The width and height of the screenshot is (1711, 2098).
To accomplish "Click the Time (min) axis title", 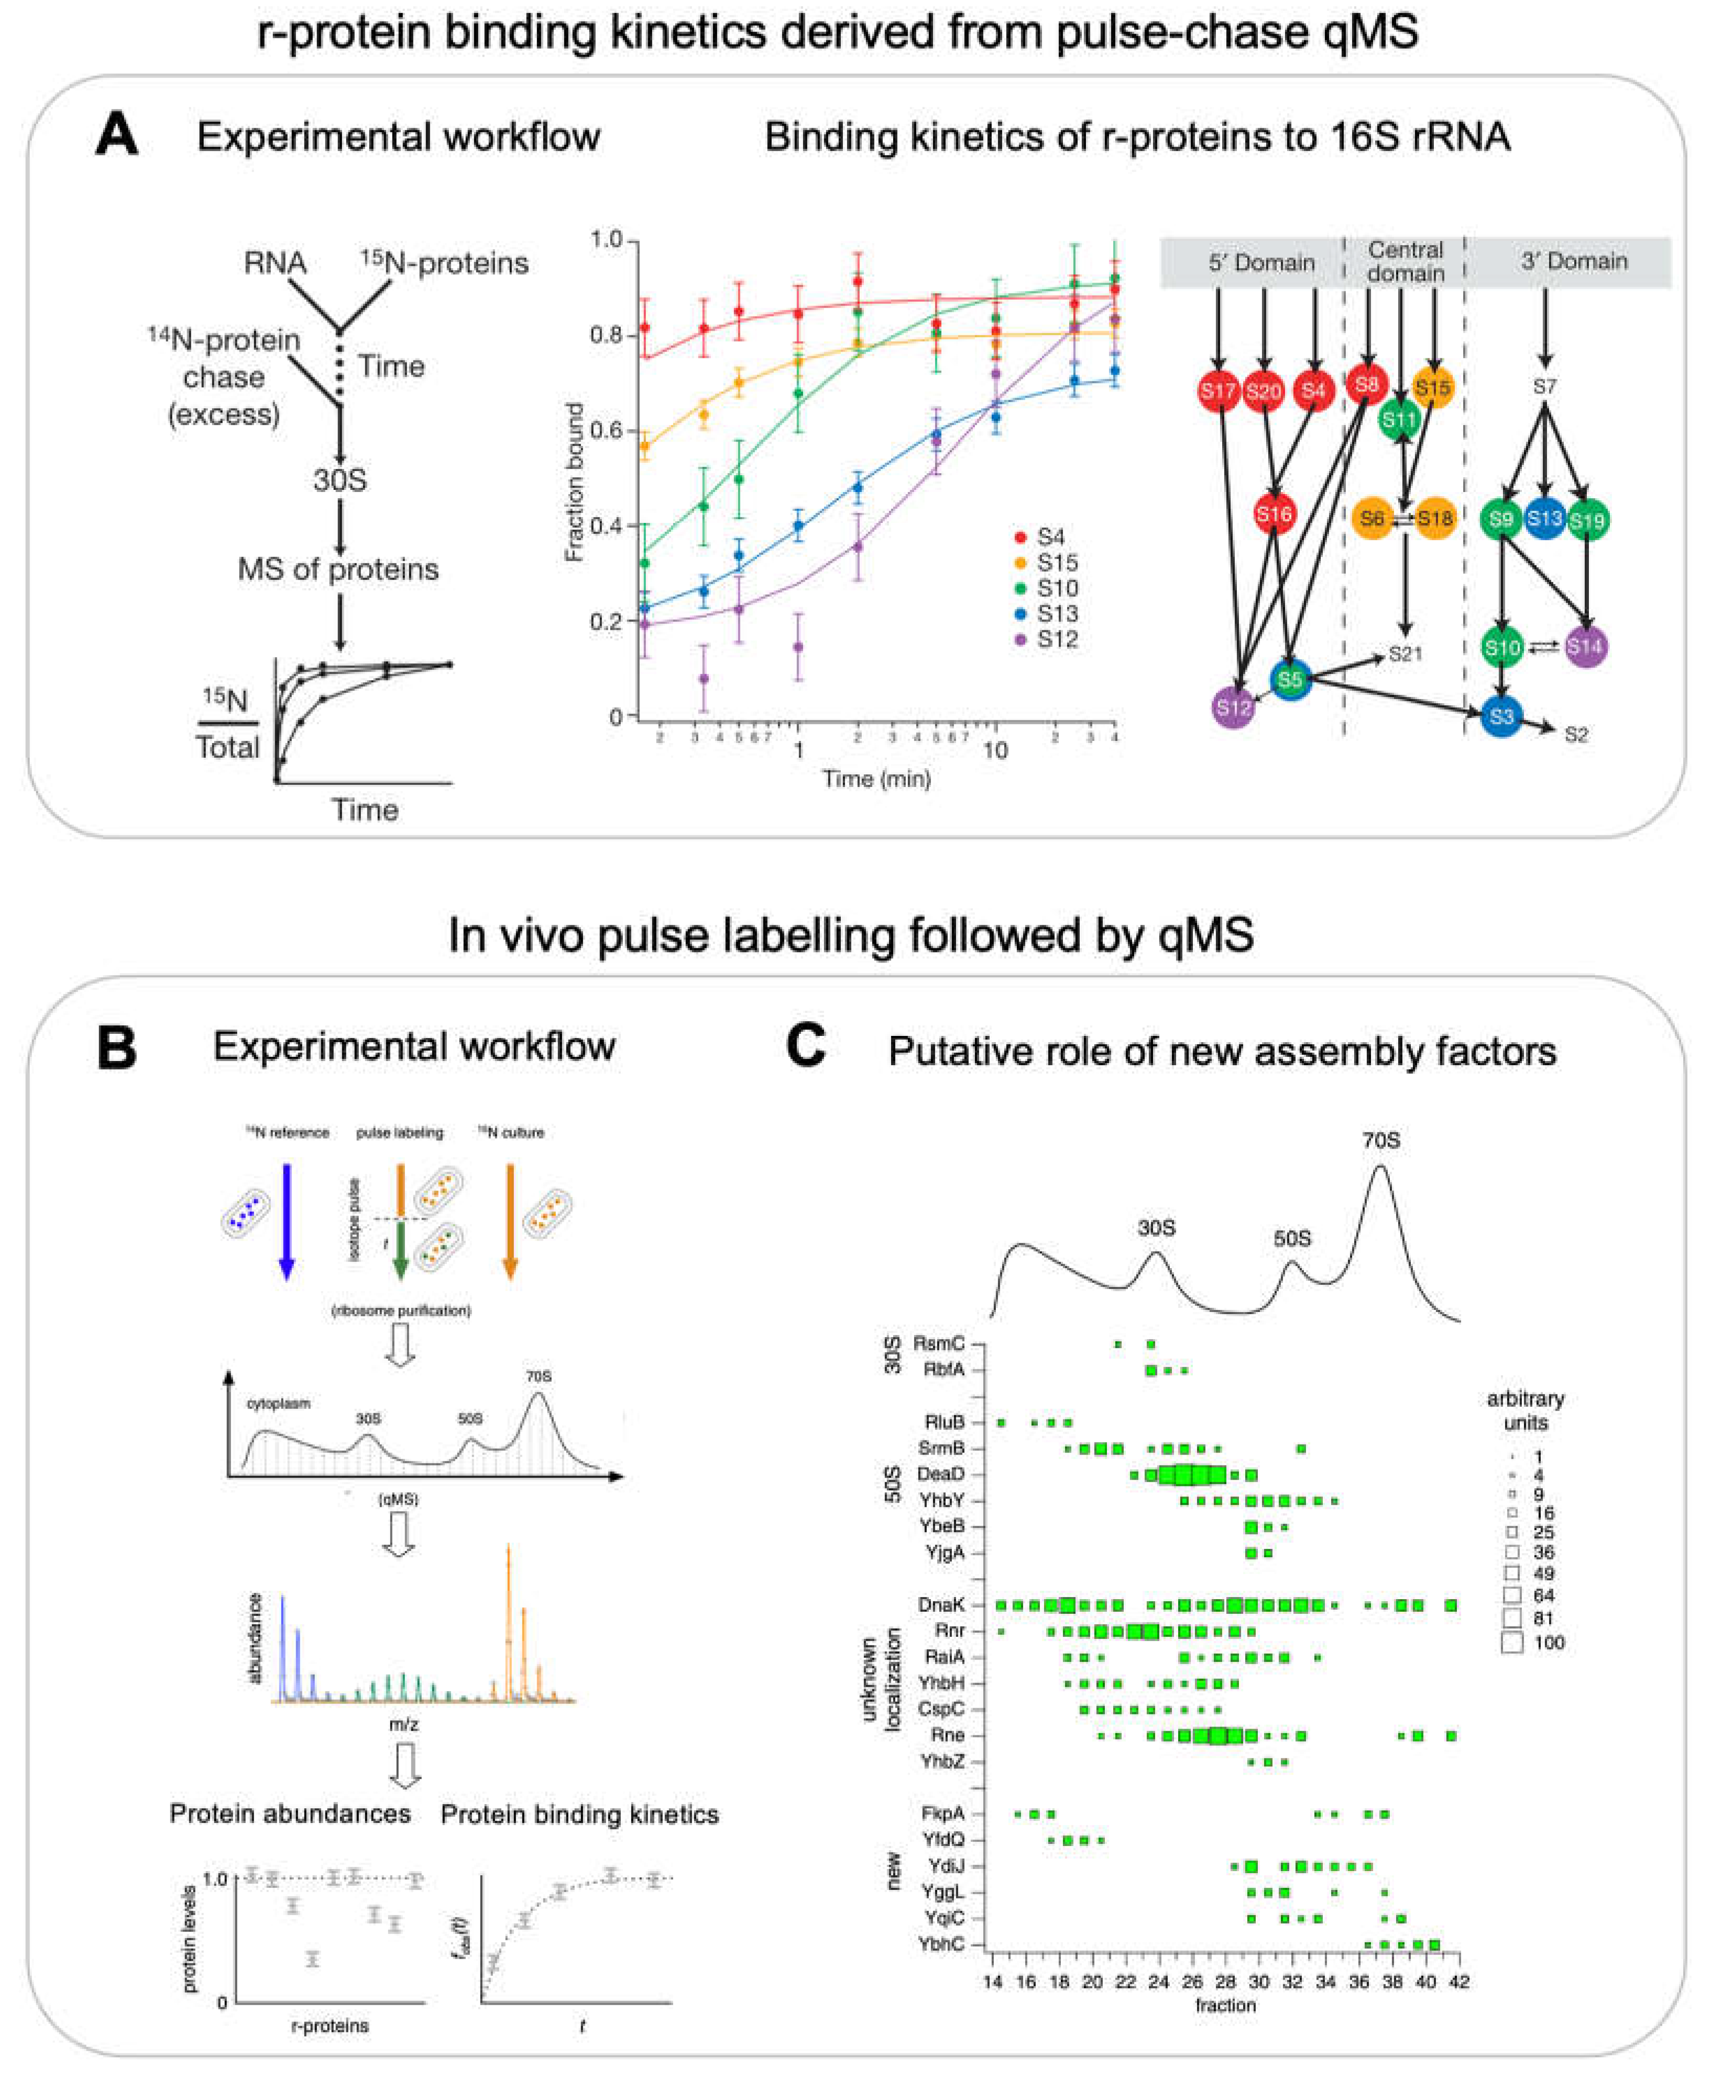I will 876,779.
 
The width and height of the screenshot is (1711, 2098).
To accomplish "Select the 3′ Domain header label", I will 1573,261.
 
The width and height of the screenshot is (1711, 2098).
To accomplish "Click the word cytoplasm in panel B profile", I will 279,1403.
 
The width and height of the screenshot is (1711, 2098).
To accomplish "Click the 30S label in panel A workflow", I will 340,480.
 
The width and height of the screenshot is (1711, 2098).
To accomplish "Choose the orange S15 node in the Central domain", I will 1432,387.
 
